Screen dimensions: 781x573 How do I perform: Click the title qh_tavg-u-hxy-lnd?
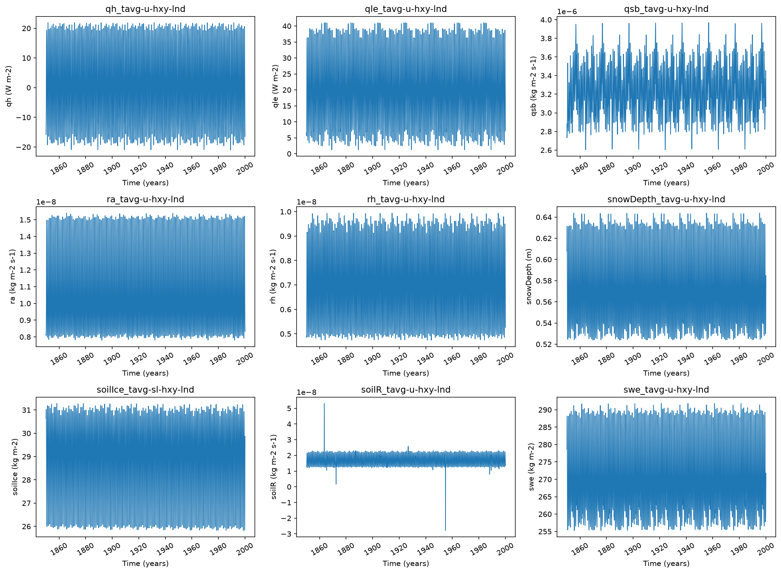coord(145,9)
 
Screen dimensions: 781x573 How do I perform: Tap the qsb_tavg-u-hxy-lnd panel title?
coord(666,9)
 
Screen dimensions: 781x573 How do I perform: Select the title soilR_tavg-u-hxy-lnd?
coord(406,389)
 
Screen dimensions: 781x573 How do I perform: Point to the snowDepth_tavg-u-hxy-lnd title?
coord(666,199)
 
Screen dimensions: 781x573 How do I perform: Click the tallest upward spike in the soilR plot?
coord(324,404)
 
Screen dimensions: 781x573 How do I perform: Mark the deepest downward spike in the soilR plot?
coord(445,530)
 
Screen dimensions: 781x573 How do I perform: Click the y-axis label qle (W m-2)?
coord(276,86)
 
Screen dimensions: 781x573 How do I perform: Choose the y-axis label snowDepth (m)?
coord(529,276)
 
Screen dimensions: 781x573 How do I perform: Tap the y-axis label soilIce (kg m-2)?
coord(15,467)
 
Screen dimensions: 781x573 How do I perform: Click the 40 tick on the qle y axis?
coord(287,26)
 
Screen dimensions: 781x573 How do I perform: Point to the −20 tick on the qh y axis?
coord(23,147)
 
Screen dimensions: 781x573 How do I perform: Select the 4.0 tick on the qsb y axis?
coord(546,20)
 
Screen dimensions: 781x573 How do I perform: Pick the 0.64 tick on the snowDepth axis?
coord(544,217)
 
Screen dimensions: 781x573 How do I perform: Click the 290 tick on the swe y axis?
coord(545,410)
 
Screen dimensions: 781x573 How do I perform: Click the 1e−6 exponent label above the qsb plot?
coord(567,12)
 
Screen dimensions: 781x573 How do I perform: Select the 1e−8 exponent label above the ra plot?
coord(46,202)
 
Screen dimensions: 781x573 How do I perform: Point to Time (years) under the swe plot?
coord(666,563)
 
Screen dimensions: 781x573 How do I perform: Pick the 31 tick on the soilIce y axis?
coord(27,410)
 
